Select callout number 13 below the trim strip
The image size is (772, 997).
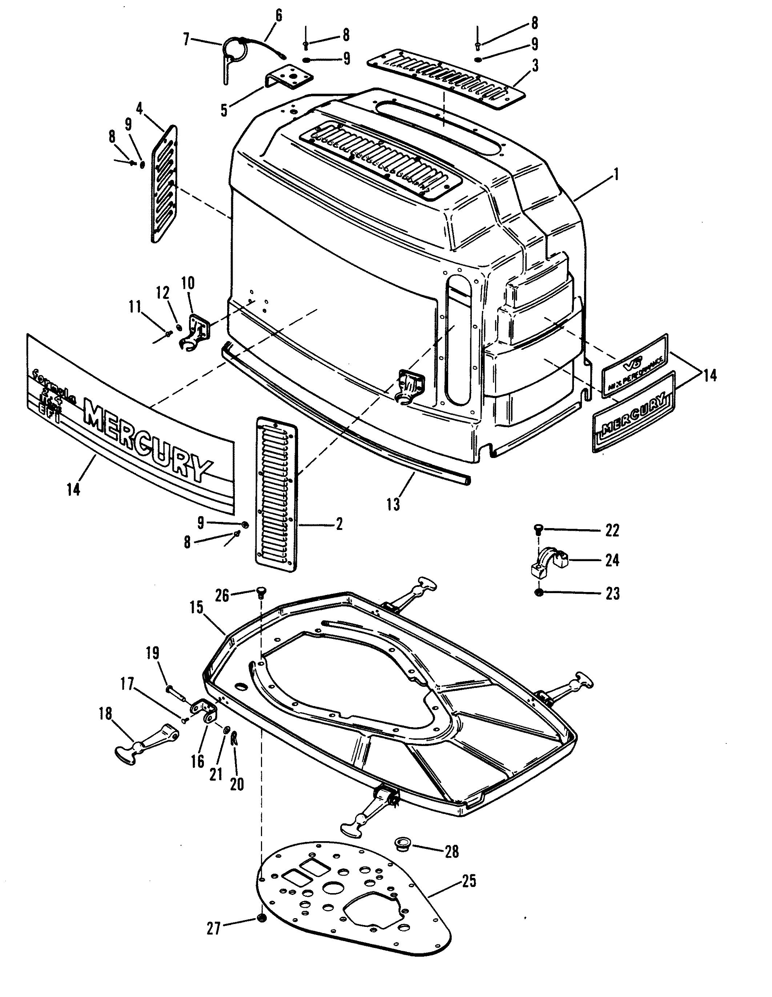point(393,504)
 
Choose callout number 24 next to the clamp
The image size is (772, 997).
point(612,560)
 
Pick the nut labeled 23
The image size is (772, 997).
point(539,592)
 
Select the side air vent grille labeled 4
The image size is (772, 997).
point(164,183)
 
